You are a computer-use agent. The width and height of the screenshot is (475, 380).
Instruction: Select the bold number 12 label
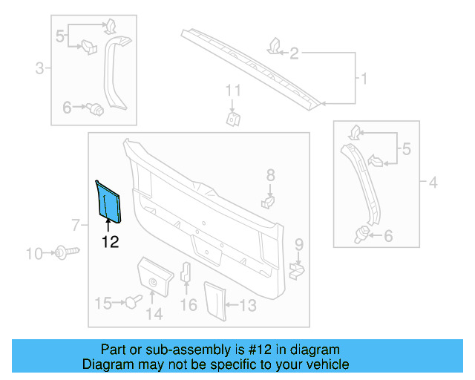tap(110, 240)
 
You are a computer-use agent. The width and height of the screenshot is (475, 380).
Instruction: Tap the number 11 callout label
tap(234, 91)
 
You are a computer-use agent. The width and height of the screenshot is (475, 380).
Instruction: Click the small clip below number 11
tap(234, 118)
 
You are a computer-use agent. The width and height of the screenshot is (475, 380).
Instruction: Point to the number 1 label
tap(364, 78)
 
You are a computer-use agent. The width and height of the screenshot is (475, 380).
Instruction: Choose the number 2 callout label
tap(294, 53)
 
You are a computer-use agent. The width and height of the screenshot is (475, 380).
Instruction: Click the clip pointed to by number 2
tap(272, 46)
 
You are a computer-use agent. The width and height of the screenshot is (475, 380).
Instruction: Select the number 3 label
tap(39, 70)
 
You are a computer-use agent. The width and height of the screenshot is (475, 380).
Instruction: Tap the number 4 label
tap(434, 181)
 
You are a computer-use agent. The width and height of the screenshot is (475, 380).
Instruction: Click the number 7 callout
tap(74, 225)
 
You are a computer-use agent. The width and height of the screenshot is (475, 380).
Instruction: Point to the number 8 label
tap(270, 175)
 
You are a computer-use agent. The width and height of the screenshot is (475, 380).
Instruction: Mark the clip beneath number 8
tap(269, 200)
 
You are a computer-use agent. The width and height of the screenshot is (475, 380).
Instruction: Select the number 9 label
tap(298, 244)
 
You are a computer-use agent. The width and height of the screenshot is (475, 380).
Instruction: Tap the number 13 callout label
tap(247, 304)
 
